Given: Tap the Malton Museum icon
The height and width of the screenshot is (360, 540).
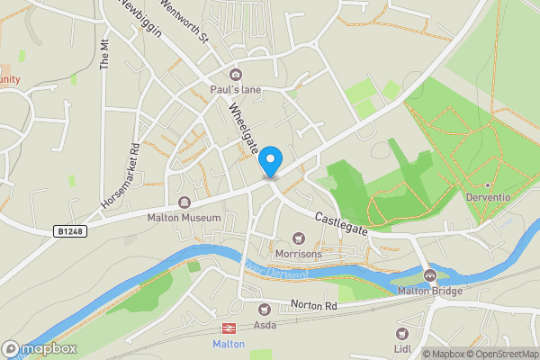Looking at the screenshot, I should point(184,202).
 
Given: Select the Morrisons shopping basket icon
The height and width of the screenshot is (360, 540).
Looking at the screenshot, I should point(300,238).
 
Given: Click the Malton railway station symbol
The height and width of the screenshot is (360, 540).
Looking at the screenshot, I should point(228,328).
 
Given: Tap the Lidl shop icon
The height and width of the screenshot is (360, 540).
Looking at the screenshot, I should point(401,331).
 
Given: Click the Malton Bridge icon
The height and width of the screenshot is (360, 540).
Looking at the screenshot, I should point(429,275).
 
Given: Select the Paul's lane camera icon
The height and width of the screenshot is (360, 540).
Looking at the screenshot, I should point(236,75).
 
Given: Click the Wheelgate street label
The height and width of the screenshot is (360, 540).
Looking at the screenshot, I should point(243,130).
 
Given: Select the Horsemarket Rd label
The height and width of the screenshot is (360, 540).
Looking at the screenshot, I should point(120,174).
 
